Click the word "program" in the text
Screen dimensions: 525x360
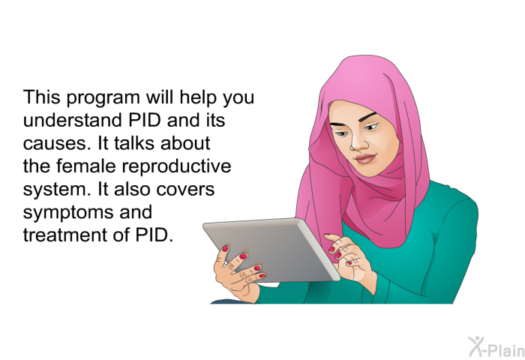[103, 98]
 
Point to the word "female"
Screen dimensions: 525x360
[85, 166]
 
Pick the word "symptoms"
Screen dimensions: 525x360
[68, 213]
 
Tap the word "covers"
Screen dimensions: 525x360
[185, 190]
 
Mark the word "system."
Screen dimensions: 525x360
[57, 190]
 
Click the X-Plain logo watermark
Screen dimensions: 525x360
[496, 346]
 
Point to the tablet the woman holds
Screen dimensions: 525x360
[271, 250]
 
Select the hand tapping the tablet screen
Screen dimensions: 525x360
[349, 256]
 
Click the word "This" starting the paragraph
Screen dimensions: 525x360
[42, 97]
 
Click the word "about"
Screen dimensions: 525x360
[185, 143]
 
